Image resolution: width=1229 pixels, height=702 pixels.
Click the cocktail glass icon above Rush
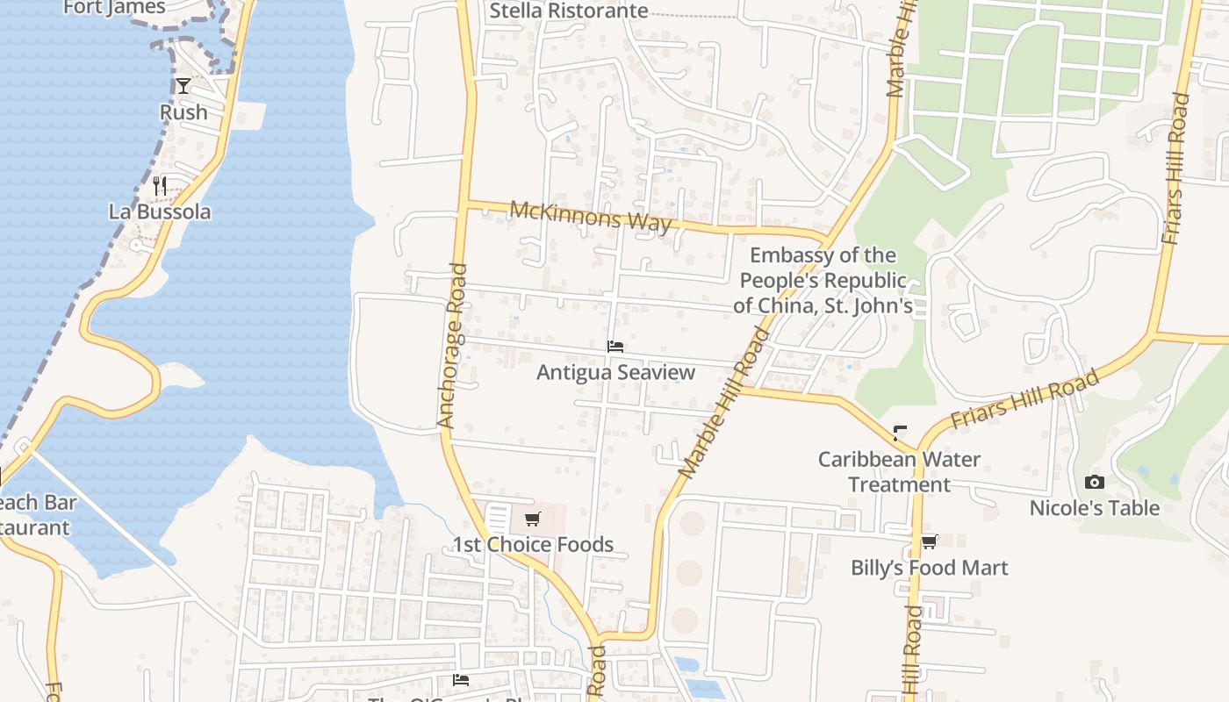[183, 86]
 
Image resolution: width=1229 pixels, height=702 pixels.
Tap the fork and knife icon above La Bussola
[160, 185]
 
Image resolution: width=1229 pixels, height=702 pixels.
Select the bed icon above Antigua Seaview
[615, 347]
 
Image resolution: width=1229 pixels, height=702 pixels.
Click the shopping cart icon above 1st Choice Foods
[533, 519]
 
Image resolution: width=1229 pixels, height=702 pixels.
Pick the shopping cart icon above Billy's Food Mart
[929, 541]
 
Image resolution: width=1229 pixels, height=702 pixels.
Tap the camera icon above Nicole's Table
[1094, 482]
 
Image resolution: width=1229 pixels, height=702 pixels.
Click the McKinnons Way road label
[591, 216]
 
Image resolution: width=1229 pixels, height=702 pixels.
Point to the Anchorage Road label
[454, 346]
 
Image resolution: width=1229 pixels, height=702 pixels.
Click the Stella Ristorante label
[569, 11]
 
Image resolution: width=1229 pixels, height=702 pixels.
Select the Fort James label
[114, 8]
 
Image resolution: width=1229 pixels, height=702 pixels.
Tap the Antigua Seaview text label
[615, 372]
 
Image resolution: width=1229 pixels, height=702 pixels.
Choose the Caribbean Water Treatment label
[899, 471]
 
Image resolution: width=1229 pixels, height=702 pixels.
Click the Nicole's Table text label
[1094, 508]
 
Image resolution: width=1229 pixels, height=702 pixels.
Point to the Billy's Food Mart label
[929, 568]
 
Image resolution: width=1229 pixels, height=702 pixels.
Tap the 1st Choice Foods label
[533, 545]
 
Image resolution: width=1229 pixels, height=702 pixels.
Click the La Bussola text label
[160, 211]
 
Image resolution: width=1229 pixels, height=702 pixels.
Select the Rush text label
[183, 112]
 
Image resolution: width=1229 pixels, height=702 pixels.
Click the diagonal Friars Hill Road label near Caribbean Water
[1025, 399]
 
